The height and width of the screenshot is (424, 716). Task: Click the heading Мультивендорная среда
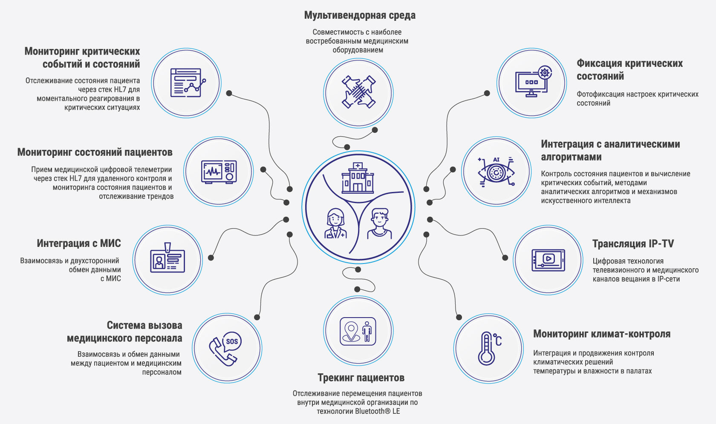coord(360,16)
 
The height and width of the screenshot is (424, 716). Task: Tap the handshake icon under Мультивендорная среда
coord(358,92)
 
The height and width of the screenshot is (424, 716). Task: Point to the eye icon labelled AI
coord(496,172)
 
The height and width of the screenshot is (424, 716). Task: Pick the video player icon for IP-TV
coord(548,260)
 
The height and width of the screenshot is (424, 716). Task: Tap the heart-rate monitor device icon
coord(219,172)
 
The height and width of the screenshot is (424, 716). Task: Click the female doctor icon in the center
coord(335,223)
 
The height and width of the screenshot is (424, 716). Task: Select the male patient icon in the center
coord(380,223)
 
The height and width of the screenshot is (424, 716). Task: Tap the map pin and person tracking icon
coord(358,331)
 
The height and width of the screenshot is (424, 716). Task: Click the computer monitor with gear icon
coord(532,82)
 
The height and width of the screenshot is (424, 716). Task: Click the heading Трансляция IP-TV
coord(633,244)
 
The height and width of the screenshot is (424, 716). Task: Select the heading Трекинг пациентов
coord(361,378)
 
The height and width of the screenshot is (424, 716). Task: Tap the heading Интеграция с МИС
coord(79,244)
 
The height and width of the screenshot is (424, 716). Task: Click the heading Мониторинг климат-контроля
coord(602,334)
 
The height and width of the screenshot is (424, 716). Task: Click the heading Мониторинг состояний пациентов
coord(95,152)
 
